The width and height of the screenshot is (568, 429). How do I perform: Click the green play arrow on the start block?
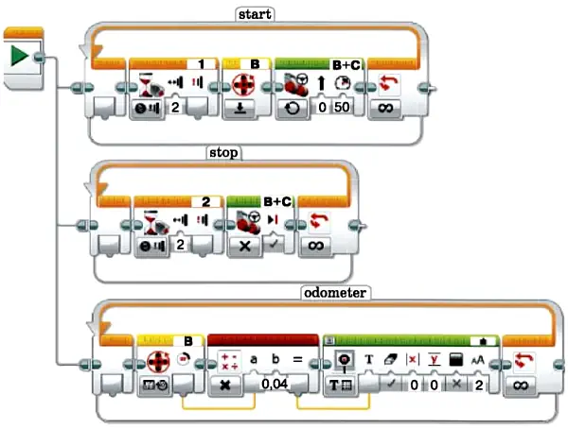[19, 56]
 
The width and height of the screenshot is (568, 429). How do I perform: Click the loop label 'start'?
[255, 14]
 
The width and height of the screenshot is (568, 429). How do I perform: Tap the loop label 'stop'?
[223, 153]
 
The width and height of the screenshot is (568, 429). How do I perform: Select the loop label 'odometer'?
[335, 292]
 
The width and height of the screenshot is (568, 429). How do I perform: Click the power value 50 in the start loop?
[342, 107]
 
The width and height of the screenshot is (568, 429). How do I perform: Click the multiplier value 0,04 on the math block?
[275, 385]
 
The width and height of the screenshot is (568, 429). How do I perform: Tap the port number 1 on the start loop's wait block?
[202, 64]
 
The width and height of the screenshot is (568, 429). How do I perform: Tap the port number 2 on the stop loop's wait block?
[205, 202]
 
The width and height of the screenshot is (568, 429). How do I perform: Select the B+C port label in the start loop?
[346, 65]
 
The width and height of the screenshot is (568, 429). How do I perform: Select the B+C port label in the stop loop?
[277, 201]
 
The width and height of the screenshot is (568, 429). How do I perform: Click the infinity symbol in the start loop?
[384, 108]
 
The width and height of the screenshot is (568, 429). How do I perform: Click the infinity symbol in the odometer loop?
[521, 386]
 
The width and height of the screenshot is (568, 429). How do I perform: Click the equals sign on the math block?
[297, 360]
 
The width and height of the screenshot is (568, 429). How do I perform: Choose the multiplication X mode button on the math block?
[225, 385]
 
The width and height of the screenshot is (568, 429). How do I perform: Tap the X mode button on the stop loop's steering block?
[245, 246]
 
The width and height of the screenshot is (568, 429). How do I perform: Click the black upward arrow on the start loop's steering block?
[321, 83]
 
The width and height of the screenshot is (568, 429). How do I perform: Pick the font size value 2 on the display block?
[478, 386]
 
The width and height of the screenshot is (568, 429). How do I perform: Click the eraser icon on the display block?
[390, 360]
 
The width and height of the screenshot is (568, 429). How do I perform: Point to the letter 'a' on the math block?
[254, 360]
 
